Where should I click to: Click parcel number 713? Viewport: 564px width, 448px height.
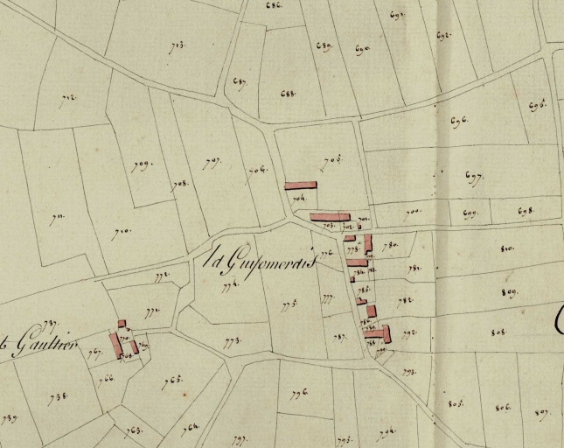(x=178, y=45)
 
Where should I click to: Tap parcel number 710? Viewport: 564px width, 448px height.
(x=121, y=233)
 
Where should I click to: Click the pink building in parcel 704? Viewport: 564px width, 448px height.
(x=300, y=185)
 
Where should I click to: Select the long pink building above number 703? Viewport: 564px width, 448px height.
(x=330, y=216)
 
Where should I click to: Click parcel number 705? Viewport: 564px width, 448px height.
(x=331, y=161)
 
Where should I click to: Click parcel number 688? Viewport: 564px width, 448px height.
(x=289, y=93)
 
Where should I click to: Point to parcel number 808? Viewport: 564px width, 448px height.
(x=499, y=332)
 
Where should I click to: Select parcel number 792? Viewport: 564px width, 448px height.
(x=409, y=332)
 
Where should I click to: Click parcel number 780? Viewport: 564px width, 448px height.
(x=390, y=246)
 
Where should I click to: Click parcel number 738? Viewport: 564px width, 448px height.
(x=59, y=396)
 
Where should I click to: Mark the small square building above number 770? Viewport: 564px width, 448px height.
(x=122, y=324)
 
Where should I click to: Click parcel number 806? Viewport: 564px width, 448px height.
(x=502, y=407)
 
